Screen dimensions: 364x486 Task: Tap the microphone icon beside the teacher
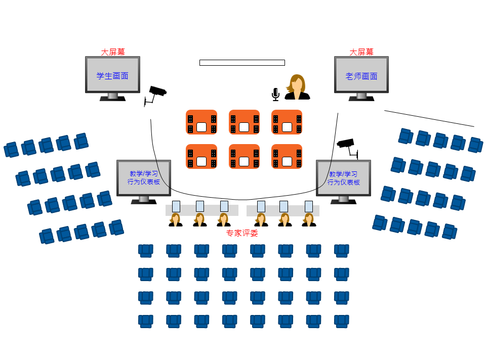pyautogui.click(x=275, y=94)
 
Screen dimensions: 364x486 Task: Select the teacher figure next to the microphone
pyautogui.click(x=297, y=87)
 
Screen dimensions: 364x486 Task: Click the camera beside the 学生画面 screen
pyautogui.click(x=156, y=95)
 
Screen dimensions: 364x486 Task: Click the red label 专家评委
pyautogui.click(x=242, y=233)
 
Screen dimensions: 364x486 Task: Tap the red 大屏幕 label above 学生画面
pyautogui.click(x=113, y=52)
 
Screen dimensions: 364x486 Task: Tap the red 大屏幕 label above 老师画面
pyautogui.click(x=361, y=52)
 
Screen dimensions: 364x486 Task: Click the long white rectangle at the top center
pyautogui.click(x=242, y=63)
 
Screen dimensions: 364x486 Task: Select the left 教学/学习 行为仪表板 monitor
pyautogui.click(x=144, y=178)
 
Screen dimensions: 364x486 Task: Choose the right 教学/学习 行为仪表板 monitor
pyautogui.click(x=343, y=178)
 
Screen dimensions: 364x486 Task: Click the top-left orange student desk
pyautogui.click(x=201, y=122)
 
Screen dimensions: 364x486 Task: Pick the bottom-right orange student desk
pyautogui.click(x=287, y=157)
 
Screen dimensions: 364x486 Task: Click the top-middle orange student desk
pyautogui.click(x=244, y=122)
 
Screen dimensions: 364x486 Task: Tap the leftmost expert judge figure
pyautogui.click(x=176, y=220)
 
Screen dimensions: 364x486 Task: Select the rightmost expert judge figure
pyautogui.click(x=309, y=220)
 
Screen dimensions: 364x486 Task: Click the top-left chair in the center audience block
pyautogui.click(x=146, y=250)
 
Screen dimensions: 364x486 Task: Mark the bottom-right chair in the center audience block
pyautogui.click(x=342, y=321)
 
